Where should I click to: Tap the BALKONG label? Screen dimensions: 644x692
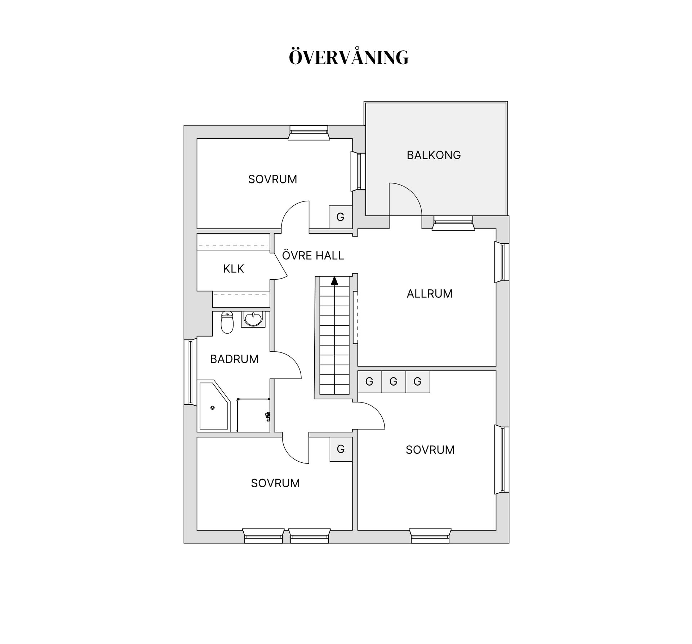point(434,155)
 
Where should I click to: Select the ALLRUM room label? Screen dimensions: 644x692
point(429,294)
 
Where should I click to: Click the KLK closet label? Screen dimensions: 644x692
point(234,268)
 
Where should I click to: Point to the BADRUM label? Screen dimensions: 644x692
point(234,359)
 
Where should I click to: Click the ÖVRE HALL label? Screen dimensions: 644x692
point(313,256)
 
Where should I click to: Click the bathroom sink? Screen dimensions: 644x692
point(253,319)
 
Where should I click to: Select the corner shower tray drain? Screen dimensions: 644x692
point(213,408)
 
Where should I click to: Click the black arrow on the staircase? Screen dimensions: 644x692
point(334,281)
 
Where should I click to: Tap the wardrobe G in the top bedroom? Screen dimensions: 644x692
point(340,217)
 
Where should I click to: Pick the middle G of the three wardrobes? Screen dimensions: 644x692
point(393,381)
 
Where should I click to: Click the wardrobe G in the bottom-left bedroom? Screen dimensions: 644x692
point(341,449)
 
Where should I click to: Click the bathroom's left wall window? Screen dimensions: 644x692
point(190,372)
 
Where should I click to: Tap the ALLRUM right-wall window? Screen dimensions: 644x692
point(502,262)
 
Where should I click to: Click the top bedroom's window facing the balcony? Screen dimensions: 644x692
point(359,171)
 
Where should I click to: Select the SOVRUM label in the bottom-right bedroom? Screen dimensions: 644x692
point(430,450)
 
